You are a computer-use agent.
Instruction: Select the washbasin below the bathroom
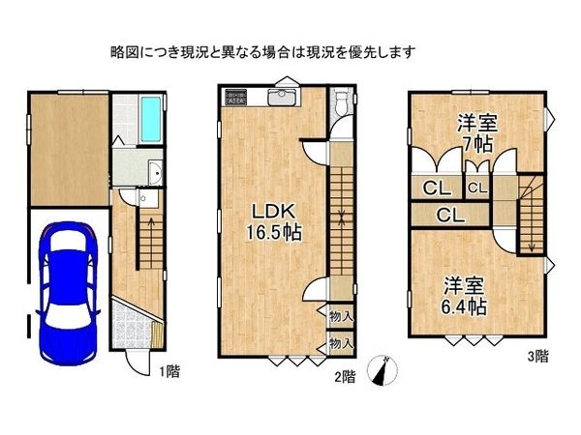[x=154, y=175]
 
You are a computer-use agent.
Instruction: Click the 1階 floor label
[x=167, y=369]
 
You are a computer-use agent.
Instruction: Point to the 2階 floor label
[x=344, y=375]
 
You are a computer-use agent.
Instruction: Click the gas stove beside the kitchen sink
[x=237, y=97]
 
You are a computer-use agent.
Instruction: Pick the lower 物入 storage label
[x=339, y=342]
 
